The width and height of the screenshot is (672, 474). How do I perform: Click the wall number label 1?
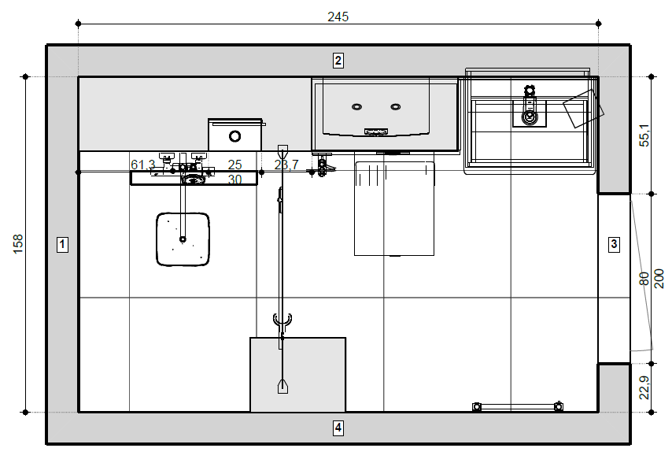tap(63, 244)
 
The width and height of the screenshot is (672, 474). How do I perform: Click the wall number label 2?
tap(338, 60)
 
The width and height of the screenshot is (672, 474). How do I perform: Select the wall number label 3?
tap(615, 244)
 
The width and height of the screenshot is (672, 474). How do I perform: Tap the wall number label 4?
tap(338, 428)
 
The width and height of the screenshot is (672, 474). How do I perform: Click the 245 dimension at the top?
tap(338, 16)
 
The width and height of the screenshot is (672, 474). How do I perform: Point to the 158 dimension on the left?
tap(17, 244)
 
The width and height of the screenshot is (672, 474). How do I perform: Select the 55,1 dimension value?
tap(644, 135)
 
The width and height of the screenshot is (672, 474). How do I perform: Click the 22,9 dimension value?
tap(644, 387)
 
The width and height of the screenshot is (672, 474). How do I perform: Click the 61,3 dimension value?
tap(142, 165)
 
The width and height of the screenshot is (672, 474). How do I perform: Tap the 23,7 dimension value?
tap(286, 165)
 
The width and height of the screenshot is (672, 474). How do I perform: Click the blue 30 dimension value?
tap(234, 180)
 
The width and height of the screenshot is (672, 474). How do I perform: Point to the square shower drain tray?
tap(183, 239)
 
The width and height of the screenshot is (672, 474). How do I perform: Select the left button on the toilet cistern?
tap(356, 106)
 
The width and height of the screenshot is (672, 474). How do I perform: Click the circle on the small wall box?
tap(234, 135)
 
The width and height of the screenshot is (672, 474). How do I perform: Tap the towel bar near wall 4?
tap(517, 406)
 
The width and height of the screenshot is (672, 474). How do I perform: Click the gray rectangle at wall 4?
tap(297, 375)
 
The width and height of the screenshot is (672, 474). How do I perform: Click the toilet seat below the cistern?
tap(394, 208)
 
